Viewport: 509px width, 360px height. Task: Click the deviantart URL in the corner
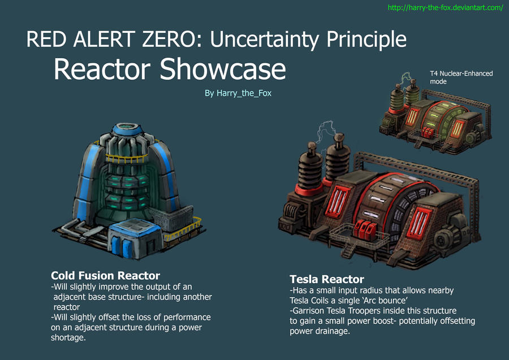pyautogui.click(x=445, y=8)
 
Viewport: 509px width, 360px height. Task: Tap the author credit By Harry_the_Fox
pyautogui.click(x=238, y=93)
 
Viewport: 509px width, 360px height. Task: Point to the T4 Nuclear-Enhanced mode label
pyautogui.click(x=461, y=77)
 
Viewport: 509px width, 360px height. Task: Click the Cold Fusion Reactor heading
pyautogui.click(x=106, y=276)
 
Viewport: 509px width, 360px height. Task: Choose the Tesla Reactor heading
pyautogui.click(x=326, y=279)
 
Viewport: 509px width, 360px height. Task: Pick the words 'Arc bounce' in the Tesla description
pyautogui.click(x=381, y=300)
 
